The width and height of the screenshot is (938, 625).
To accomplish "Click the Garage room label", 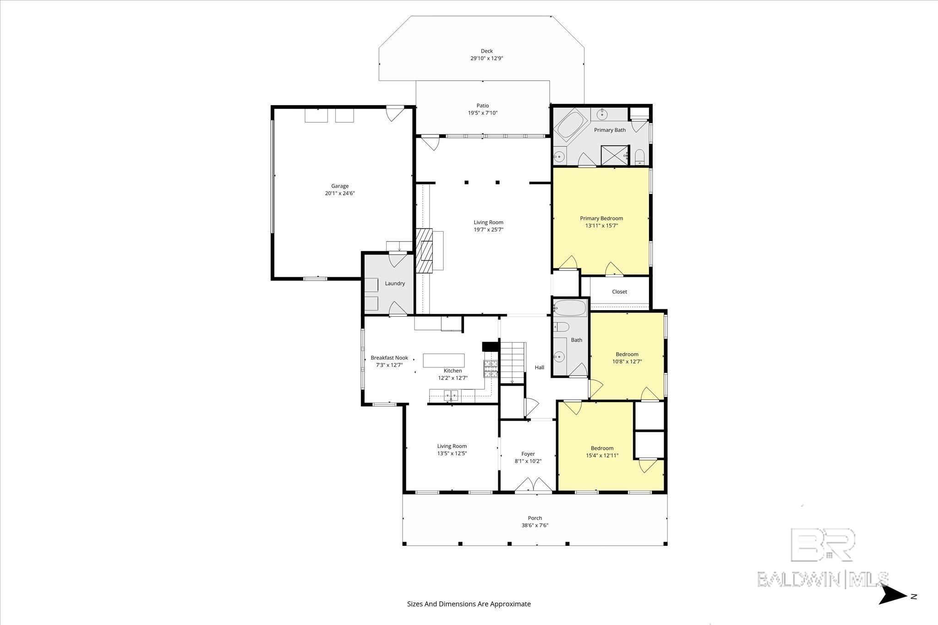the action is tap(340, 186).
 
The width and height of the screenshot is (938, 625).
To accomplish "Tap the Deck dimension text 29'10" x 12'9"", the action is tap(487, 59).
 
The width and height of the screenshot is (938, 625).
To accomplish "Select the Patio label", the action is tap(482, 106).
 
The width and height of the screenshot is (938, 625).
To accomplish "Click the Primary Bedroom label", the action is tap(601, 218).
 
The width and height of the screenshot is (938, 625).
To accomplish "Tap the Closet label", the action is tap(619, 291).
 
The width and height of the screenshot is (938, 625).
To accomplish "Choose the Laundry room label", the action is tap(395, 283).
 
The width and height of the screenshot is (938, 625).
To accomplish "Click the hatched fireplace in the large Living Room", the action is tap(424, 251).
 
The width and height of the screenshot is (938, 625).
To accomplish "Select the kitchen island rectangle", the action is tap(443, 361).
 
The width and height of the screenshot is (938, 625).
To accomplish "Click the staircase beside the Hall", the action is tap(512, 362).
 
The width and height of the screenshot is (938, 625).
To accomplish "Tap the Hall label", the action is tap(540, 367).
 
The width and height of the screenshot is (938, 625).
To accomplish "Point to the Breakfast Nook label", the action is tap(389, 358).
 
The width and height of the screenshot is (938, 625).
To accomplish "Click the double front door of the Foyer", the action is tap(533, 485).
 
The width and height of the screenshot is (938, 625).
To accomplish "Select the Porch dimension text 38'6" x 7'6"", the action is tap(534, 525).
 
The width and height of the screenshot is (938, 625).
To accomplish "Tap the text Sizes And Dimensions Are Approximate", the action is tap(469, 604).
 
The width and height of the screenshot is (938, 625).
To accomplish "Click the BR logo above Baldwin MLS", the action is tap(823, 544).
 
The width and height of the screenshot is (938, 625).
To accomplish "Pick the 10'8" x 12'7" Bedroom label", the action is tap(627, 358).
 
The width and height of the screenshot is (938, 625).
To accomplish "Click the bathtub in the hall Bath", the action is tap(570, 308).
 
